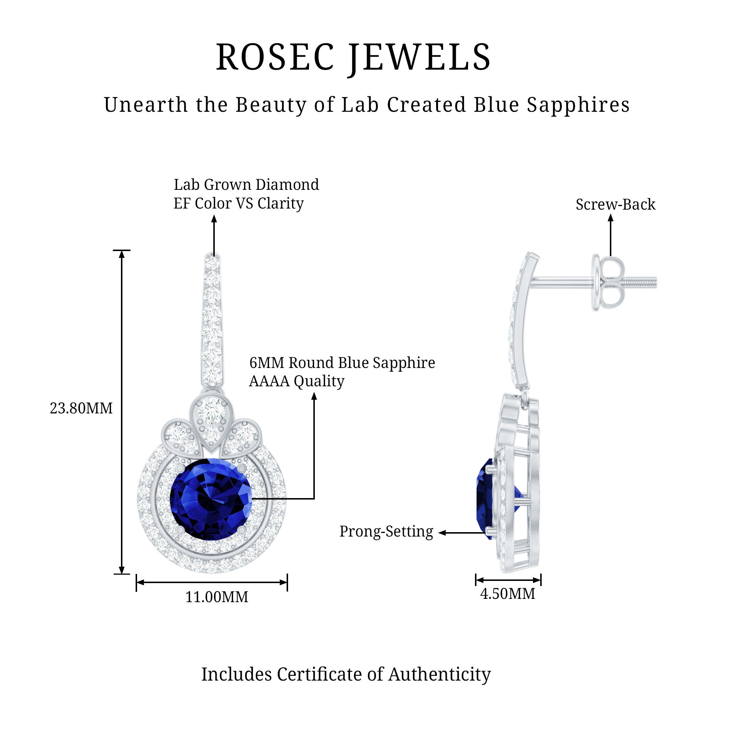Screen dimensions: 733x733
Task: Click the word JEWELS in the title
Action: [x=420, y=58]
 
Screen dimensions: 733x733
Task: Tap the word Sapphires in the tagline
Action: [x=578, y=105]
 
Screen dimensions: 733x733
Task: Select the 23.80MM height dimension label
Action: [x=81, y=409]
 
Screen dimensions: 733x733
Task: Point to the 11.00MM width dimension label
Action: [x=217, y=597]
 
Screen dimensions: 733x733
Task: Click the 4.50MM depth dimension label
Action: [x=508, y=594]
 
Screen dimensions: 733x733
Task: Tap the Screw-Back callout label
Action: [x=615, y=205]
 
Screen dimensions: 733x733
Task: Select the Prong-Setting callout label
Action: [x=386, y=531]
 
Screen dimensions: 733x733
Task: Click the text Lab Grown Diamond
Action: [x=246, y=185]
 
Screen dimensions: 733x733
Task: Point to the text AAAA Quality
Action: [x=296, y=381]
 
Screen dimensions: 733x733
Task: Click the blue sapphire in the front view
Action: [x=211, y=499]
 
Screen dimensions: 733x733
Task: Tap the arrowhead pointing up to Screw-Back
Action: [x=611, y=218]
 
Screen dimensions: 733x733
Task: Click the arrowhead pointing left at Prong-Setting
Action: [x=442, y=533]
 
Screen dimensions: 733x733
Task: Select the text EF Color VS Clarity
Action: [x=239, y=203]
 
